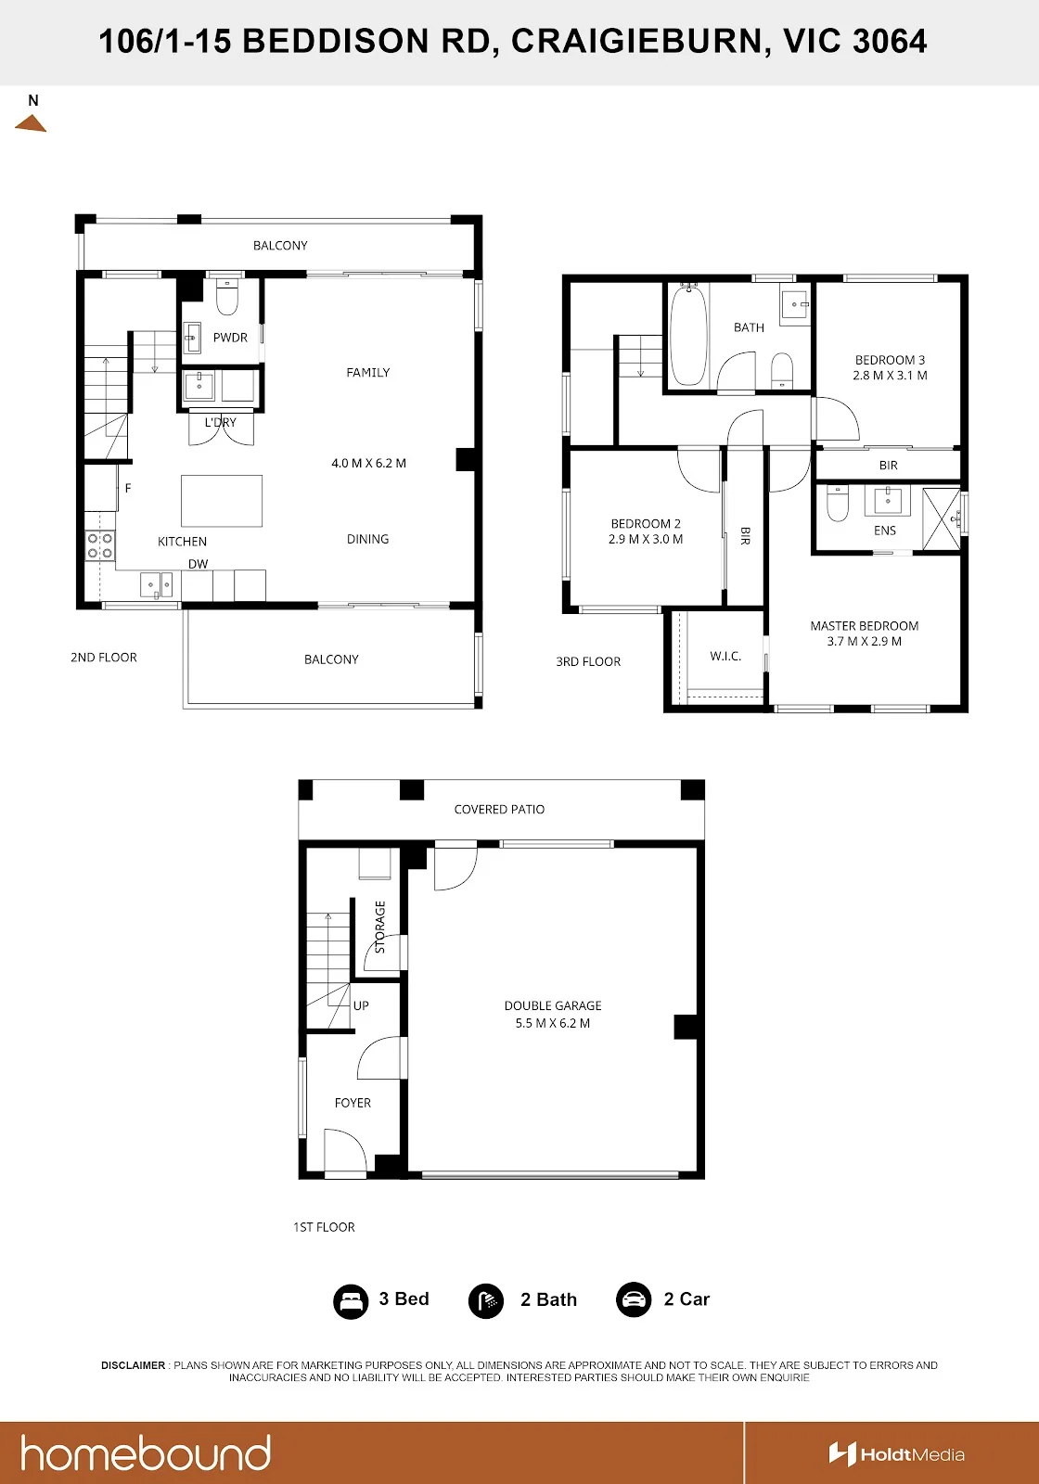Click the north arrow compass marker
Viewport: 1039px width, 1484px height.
coord(31,123)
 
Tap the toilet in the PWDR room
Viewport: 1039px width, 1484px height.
coord(227,298)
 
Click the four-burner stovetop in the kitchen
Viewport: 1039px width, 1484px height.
coord(100,546)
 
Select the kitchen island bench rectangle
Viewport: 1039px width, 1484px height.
coord(222,501)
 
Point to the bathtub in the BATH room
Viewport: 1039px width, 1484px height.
coord(688,334)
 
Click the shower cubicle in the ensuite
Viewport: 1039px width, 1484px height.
coord(942,518)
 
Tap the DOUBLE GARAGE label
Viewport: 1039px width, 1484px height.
coord(553,1005)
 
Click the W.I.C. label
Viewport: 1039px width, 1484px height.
coord(725,656)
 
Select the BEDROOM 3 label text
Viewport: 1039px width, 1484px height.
coord(890,360)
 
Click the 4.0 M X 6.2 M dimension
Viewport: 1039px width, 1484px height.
coord(368,463)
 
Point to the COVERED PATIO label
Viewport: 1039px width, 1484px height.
coord(499,809)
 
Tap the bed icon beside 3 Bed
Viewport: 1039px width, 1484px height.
coord(351,1301)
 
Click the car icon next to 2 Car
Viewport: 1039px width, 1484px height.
coord(634,1299)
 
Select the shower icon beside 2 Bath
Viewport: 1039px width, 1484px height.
coord(486,1301)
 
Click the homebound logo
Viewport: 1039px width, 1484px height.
coord(146,1452)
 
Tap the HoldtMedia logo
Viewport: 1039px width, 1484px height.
coord(896,1454)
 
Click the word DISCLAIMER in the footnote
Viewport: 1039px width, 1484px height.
coord(134,1365)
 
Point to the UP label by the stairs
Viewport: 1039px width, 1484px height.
coord(361,1005)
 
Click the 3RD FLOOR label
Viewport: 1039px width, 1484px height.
coord(588,661)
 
